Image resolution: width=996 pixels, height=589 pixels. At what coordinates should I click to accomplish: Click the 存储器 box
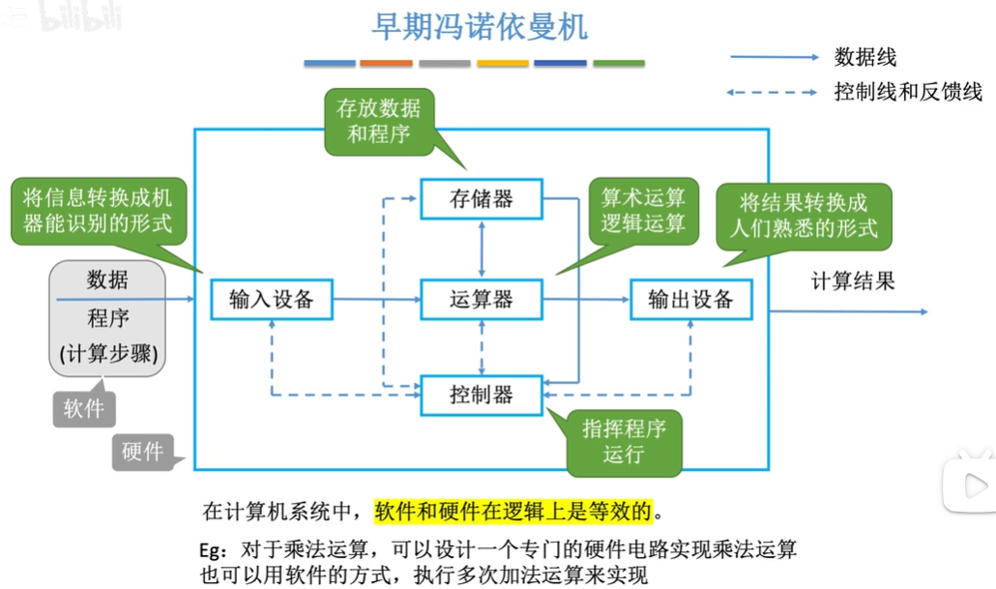(x=482, y=200)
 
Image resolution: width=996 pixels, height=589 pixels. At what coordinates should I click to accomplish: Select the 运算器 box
(x=482, y=299)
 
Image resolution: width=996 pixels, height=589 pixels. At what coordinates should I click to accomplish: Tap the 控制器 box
(x=482, y=395)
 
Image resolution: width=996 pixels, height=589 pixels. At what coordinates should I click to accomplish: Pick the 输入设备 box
(x=272, y=299)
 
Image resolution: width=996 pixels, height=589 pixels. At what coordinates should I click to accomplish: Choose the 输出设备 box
(x=690, y=299)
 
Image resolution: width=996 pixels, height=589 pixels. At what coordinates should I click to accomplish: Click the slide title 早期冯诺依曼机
(x=480, y=27)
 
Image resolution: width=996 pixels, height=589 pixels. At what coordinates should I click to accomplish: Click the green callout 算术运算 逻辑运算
(x=643, y=211)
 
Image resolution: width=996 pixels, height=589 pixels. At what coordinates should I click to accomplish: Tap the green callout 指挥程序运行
(x=624, y=441)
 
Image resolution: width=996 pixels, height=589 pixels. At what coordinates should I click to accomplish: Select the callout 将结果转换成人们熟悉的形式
(x=804, y=216)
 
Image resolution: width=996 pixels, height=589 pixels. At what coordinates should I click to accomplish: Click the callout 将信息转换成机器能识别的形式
(x=97, y=211)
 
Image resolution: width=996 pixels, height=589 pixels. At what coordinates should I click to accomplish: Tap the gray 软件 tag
(x=84, y=408)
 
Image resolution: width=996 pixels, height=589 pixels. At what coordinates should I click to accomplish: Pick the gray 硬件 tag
(x=143, y=451)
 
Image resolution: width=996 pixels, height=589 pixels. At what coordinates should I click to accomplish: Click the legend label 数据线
(x=865, y=57)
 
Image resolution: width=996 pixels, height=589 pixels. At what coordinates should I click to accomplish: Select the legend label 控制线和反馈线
(x=908, y=93)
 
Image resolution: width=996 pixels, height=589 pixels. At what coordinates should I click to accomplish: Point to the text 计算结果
(x=852, y=281)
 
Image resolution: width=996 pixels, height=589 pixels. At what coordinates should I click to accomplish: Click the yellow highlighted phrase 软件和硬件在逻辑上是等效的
(x=513, y=510)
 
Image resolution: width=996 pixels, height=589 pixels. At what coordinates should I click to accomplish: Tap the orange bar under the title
(x=386, y=64)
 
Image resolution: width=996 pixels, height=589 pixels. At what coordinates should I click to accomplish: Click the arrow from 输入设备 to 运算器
(x=376, y=300)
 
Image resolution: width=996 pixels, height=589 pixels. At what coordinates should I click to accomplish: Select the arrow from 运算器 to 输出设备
(x=586, y=300)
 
